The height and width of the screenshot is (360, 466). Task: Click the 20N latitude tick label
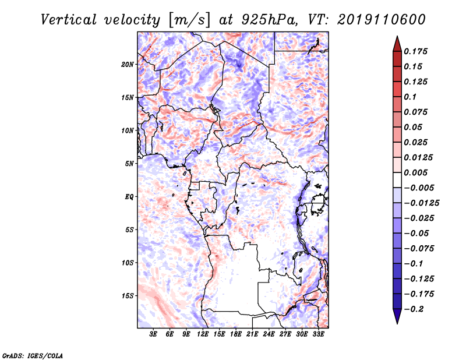pos(128,64)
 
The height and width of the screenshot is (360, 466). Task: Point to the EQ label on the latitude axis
pos(129,197)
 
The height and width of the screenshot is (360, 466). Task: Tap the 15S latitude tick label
pos(128,296)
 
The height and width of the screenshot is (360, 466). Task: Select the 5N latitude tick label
pos(129,164)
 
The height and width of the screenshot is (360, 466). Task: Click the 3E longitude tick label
pos(154,335)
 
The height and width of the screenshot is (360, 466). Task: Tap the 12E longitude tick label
pos(203,335)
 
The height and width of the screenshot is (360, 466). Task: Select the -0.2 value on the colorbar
pos(415,309)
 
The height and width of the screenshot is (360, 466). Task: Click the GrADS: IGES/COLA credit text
pos(33,355)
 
